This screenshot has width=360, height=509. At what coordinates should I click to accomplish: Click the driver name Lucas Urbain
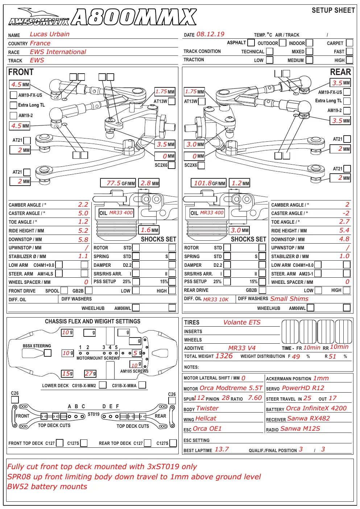click(50, 34)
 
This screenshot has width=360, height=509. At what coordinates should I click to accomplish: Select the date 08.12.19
click(210, 34)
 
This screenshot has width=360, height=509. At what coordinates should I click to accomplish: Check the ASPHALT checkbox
click(251, 42)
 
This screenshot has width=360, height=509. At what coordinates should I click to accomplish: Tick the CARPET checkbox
click(349, 43)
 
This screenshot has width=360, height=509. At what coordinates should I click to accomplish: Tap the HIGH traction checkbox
click(349, 60)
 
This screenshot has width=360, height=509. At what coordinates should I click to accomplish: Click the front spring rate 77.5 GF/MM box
click(118, 183)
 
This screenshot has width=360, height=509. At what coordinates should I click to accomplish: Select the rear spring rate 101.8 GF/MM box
click(208, 183)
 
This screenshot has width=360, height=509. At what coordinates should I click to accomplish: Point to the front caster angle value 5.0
click(83, 213)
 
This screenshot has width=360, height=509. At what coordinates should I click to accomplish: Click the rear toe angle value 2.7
click(344, 222)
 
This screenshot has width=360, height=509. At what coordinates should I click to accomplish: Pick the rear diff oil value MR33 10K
click(216, 299)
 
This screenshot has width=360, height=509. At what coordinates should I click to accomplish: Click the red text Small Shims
click(289, 299)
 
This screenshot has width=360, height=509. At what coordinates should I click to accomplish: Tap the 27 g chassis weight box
click(90, 373)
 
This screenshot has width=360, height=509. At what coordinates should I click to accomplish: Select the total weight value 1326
click(224, 356)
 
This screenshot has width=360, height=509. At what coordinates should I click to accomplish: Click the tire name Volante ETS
click(242, 322)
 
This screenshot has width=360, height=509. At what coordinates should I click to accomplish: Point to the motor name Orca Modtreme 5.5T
click(231, 388)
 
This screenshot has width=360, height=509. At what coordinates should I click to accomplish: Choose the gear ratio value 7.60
click(255, 398)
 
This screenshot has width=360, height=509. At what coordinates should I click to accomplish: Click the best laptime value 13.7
click(222, 449)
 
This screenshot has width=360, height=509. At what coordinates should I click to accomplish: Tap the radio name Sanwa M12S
click(300, 429)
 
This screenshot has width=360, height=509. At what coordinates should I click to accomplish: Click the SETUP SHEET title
click(333, 10)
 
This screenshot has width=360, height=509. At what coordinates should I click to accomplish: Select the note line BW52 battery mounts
click(47, 487)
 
